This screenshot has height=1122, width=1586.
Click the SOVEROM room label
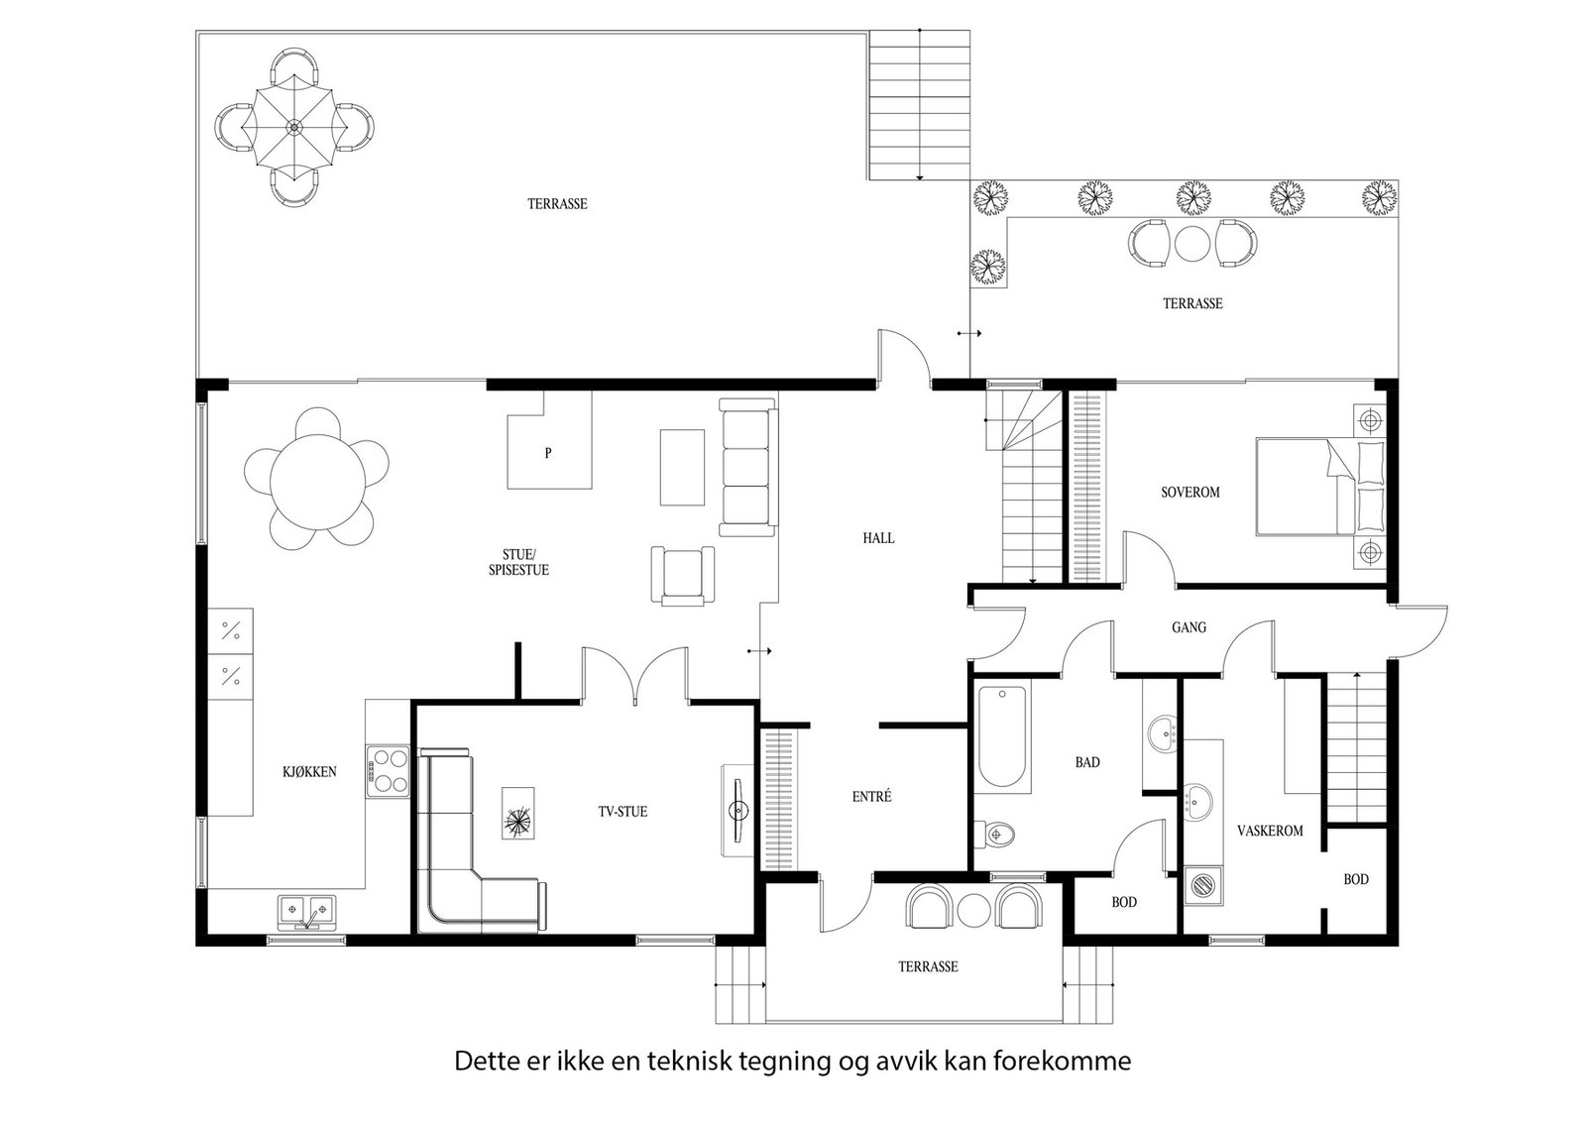(x=1190, y=492)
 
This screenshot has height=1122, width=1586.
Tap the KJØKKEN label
(x=309, y=772)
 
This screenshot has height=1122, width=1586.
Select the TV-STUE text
(x=623, y=812)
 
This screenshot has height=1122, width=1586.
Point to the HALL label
(x=878, y=538)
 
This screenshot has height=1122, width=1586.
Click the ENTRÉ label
(x=871, y=796)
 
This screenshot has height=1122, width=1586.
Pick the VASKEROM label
(x=1270, y=831)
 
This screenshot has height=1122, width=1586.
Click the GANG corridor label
(x=1189, y=627)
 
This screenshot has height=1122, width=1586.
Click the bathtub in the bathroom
(x=1002, y=736)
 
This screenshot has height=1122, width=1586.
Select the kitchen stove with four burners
(x=388, y=771)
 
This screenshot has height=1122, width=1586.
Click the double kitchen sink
(x=306, y=913)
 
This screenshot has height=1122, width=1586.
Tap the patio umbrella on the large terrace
(x=293, y=128)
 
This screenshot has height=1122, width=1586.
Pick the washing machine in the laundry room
(x=1203, y=885)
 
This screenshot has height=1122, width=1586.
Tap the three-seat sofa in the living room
(x=748, y=467)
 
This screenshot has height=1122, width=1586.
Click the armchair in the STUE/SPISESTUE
(x=683, y=576)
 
